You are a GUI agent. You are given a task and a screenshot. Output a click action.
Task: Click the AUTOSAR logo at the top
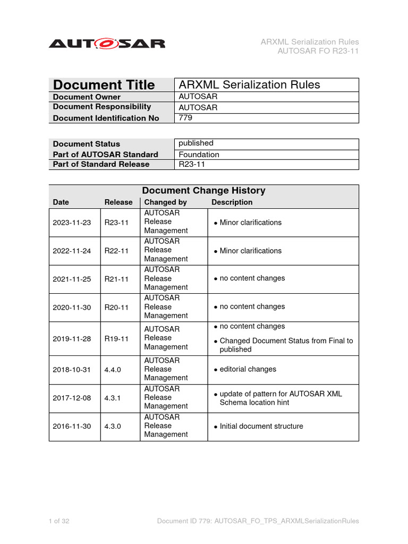pyautogui.click(x=107, y=44)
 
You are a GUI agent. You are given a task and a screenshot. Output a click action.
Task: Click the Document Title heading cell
pyautogui.click(x=104, y=85)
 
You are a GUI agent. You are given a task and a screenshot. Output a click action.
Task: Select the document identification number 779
pyautogui.click(x=185, y=118)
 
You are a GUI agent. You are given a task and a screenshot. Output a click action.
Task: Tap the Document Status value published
pyautogui.click(x=196, y=143)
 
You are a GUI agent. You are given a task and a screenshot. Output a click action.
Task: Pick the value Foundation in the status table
pyautogui.click(x=199, y=155)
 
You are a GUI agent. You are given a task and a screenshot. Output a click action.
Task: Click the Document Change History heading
pyautogui.click(x=203, y=191)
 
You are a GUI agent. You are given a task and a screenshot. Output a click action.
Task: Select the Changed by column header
pyautogui.click(x=166, y=202)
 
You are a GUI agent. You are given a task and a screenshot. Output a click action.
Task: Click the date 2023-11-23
pyautogui.click(x=72, y=223)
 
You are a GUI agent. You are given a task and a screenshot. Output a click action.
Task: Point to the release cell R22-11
pyautogui.click(x=116, y=251)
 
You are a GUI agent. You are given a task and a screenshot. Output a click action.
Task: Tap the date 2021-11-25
pyautogui.click(x=72, y=279)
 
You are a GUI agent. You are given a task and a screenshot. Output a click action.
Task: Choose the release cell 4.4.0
pyautogui.click(x=113, y=370)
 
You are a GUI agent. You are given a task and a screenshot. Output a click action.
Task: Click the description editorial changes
pyautogui.click(x=248, y=369)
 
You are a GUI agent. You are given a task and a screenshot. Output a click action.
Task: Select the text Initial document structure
pyautogui.click(x=261, y=426)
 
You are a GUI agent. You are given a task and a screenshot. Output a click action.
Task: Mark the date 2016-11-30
pyautogui.click(x=72, y=426)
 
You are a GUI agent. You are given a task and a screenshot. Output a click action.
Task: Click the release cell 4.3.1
pyautogui.click(x=113, y=398)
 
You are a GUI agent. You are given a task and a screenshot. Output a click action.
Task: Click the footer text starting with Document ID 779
pyautogui.click(x=258, y=521)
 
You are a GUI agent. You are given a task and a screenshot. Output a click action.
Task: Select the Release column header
pyautogui.click(x=118, y=202)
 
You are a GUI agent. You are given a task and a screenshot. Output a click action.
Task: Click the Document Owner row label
pyautogui.click(x=87, y=97)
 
